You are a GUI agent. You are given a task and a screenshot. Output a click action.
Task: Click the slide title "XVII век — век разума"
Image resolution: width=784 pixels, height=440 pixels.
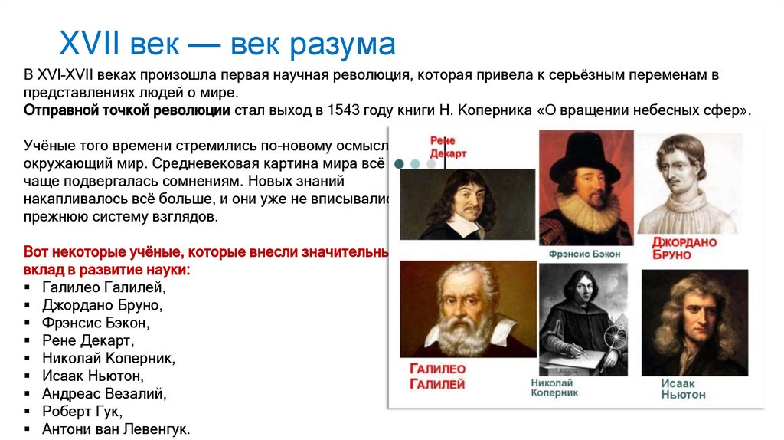(x=227, y=44)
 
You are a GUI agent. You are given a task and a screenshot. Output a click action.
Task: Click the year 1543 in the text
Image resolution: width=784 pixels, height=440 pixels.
(x=343, y=110)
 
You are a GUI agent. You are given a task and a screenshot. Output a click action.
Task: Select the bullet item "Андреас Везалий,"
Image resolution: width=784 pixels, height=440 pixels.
(x=104, y=393)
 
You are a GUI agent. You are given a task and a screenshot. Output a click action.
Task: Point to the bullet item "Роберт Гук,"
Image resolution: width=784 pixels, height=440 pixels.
(x=82, y=411)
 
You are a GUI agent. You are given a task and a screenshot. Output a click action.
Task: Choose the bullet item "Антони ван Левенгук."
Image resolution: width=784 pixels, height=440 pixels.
(x=116, y=429)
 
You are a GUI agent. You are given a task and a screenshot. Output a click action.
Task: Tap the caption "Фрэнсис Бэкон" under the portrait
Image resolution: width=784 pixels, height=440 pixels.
(x=584, y=254)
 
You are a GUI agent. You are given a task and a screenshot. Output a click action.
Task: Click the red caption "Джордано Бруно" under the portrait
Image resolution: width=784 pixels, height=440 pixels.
(x=684, y=248)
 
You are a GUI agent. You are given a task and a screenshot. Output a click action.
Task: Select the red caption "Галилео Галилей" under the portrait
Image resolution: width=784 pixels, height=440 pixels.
(x=437, y=376)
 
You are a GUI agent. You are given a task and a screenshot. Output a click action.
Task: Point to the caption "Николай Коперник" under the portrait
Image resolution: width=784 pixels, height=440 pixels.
(x=555, y=387)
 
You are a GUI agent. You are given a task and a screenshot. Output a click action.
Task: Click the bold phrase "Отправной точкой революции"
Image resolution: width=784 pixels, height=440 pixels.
(x=127, y=110)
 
